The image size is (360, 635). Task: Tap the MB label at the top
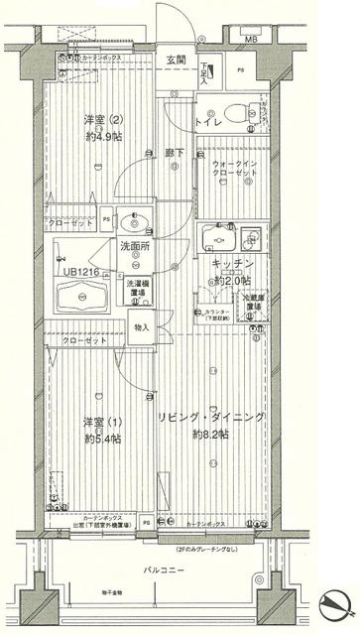pos(251,39)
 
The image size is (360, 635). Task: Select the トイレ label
pos(206,122)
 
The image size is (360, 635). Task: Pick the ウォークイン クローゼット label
pos(234,172)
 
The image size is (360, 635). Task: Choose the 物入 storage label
pos(140,327)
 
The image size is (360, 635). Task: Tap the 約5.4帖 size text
pos(101,438)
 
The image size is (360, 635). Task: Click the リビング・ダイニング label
pos(212,418)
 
